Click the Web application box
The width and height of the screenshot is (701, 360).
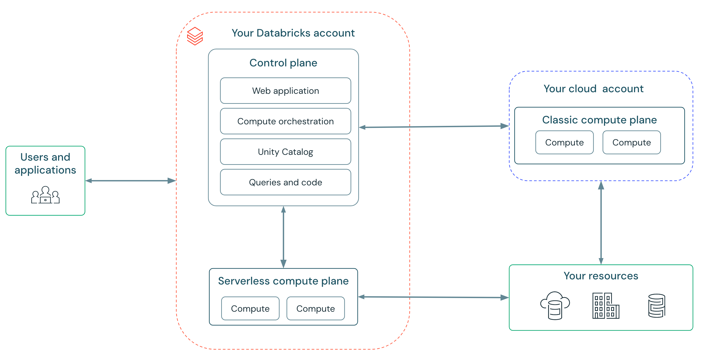click(285, 91)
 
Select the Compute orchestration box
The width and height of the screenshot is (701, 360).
click(285, 121)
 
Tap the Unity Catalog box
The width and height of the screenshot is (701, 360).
click(285, 152)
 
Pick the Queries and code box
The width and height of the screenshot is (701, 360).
click(285, 182)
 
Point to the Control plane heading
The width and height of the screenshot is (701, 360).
click(283, 63)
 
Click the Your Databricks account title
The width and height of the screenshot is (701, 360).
click(293, 33)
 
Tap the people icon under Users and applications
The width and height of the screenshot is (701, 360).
click(45, 195)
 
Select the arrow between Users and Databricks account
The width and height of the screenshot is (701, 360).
click(131, 180)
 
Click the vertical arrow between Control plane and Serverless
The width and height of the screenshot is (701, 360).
click(283, 237)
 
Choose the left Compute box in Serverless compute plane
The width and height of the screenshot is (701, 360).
click(250, 309)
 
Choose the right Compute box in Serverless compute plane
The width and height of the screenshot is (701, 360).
click(315, 309)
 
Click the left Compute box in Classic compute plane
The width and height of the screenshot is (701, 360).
click(564, 142)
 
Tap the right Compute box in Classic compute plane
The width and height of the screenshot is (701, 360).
click(631, 142)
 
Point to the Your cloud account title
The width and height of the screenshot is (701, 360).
click(593, 89)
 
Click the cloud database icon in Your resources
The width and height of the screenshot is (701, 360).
click(555, 306)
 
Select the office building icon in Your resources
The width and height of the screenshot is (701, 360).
click(606, 306)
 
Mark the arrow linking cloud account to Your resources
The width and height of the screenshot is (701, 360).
click(601, 223)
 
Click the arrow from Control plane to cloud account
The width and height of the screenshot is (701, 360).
click(434, 127)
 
